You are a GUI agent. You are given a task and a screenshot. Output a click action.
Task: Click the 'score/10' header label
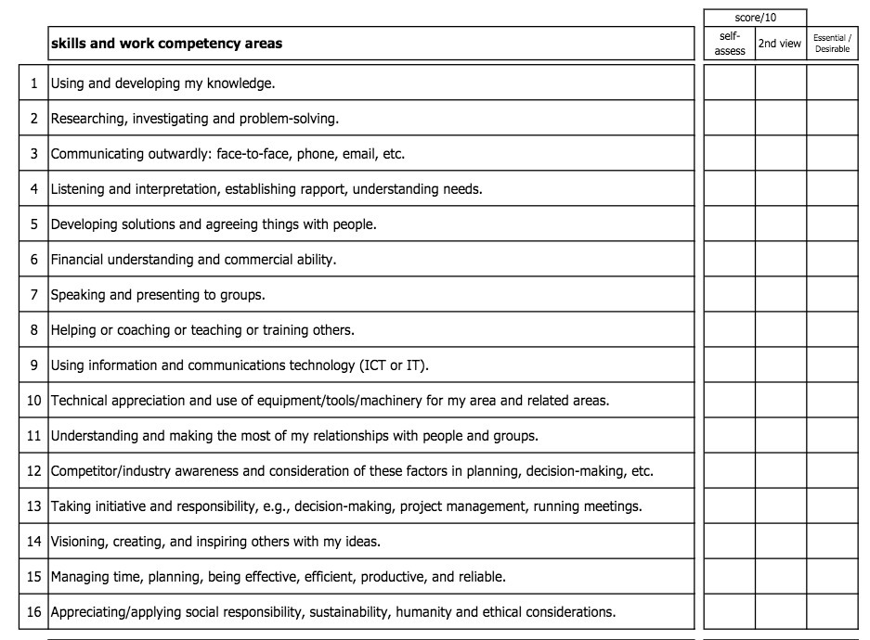click(754, 18)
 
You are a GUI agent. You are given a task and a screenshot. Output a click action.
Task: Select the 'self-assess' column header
click(729, 44)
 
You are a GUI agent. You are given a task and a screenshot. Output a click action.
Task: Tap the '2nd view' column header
click(780, 44)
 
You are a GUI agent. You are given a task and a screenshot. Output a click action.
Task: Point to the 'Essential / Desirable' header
click(832, 44)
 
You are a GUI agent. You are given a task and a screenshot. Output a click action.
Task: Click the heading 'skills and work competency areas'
click(167, 44)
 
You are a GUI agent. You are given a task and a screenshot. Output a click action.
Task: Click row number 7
click(33, 295)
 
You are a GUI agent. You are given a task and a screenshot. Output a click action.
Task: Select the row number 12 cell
click(33, 471)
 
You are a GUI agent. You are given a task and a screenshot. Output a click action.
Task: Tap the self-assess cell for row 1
click(729, 83)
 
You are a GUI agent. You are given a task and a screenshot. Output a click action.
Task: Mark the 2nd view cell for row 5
click(780, 224)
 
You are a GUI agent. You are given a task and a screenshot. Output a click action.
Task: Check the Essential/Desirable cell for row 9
click(832, 365)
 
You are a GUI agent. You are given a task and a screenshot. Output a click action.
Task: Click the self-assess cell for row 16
click(729, 612)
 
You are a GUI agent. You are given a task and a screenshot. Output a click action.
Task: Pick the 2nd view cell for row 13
click(780, 506)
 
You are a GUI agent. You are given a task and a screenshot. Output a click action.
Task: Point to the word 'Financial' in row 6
click(77, 260)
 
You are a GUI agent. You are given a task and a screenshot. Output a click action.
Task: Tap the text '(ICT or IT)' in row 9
click(394, 365)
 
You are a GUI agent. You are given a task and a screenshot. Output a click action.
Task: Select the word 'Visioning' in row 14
click(79, 542)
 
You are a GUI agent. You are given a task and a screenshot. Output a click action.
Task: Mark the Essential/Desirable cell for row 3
click(832, 154)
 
